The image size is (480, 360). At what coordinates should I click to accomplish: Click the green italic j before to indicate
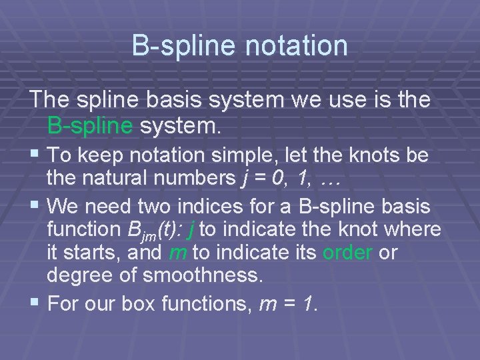point(192,229)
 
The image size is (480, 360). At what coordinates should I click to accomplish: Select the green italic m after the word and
point(177,253)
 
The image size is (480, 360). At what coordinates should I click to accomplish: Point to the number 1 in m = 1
point(312,304)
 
